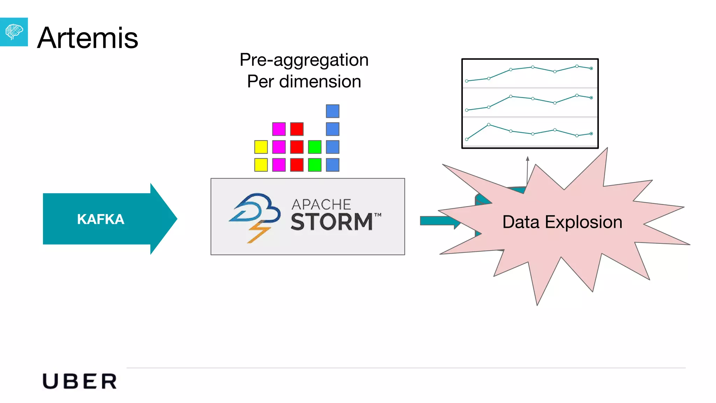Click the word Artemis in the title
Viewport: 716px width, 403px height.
click(x=87, y=38)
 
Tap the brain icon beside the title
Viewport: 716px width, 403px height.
click(x=14, y=32)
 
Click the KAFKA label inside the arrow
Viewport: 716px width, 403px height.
click(x=101, y=219)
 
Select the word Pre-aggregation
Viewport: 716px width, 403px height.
click(x=304, y=60)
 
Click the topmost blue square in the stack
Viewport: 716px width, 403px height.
click(x=332, y=111)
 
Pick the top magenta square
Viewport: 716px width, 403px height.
click(x=279, y=129)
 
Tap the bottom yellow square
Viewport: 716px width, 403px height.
click(x=261, y=165)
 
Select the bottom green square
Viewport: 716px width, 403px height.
click(x=315, y=165)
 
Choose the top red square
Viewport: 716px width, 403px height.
click(x=297, y=129)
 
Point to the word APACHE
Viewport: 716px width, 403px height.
click(x=321, y=204)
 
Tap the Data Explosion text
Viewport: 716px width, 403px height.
click(x=562, y=222)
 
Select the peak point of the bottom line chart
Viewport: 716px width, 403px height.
click(x=488, y=125)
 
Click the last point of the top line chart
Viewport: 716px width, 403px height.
click(x=591, y=69)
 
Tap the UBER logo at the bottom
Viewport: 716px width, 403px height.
click(x=80, y=381)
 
